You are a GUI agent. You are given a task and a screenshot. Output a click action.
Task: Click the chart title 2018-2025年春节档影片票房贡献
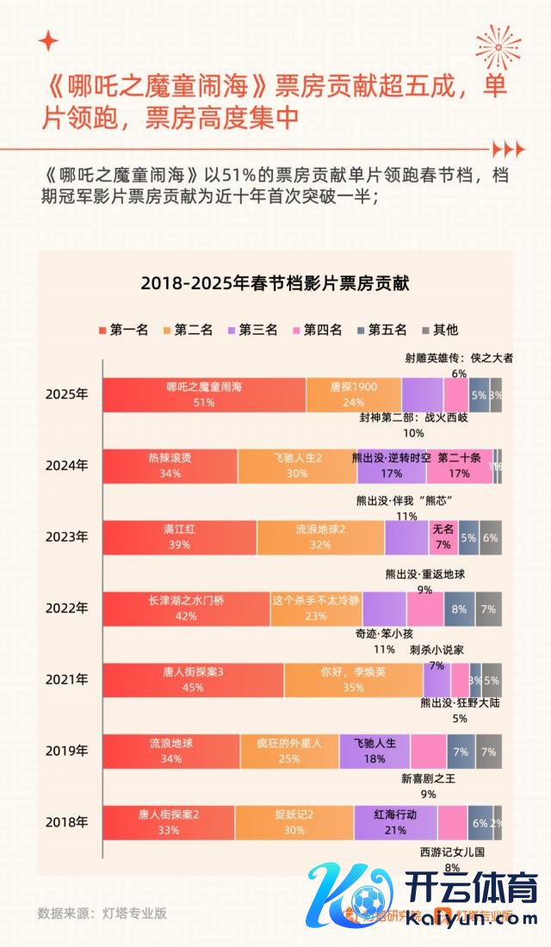(x=275, y=282)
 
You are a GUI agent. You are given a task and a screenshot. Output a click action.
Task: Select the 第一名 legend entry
(x=125, y=330)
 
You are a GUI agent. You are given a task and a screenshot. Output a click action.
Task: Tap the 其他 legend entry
(x=439, y=330)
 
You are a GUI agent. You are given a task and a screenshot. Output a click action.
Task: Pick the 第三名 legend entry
(x=252, y=330)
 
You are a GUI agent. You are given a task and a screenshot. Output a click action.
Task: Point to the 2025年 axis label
(x=67, y=394)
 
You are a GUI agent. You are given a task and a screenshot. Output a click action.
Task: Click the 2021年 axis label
(x=67, y=679)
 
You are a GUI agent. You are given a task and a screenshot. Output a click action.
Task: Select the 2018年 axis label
(x=67, y=822)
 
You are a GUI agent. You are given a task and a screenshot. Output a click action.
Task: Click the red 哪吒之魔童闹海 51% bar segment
(x=204, y=394)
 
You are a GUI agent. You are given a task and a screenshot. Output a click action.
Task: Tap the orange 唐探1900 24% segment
(x=353, y=394)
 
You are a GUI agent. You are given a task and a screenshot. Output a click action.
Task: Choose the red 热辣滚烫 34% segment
(x=170, y=466)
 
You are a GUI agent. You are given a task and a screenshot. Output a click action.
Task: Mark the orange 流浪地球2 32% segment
(x=320, y=536)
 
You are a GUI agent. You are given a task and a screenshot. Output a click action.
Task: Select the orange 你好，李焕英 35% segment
(x=353, y=679)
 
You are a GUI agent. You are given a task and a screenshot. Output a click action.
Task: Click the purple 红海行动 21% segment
(x=395, y=822)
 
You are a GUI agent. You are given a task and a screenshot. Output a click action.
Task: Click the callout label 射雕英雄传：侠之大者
(x=459, y=358)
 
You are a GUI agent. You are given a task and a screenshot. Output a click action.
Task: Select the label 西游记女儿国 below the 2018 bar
(x=453, y=852)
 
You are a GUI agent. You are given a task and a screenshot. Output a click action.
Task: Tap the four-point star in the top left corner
(x=49, y=40)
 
